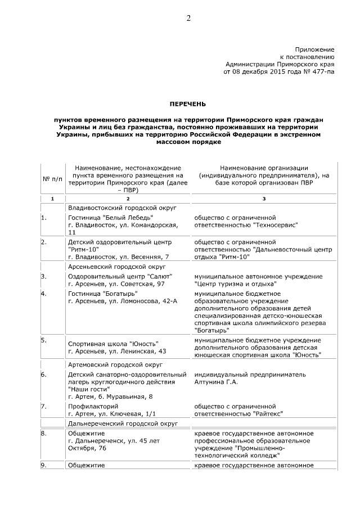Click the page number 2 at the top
[188, 19]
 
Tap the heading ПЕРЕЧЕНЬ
[188, 104]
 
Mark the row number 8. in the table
[44, 434]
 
